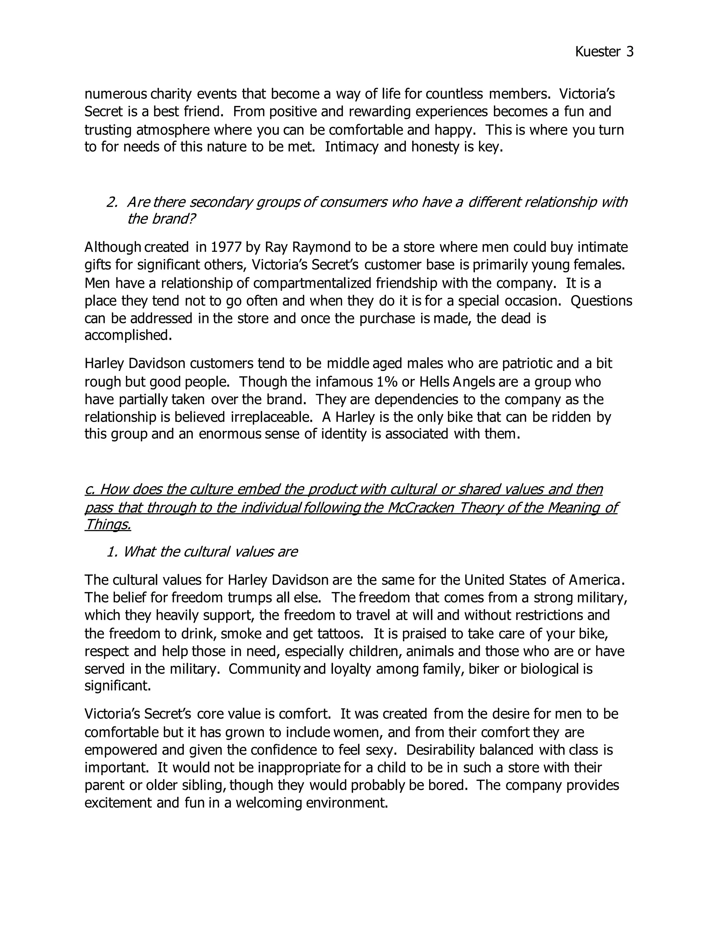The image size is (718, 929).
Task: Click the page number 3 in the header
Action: pyautogui.click(x=630, y=52)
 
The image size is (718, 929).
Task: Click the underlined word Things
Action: pyautogui.click(x=108, y=524)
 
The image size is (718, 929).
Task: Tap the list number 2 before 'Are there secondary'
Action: pyautogui.click(x=111, y=202)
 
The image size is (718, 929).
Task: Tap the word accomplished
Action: pyautogui.click(x=128, y=335)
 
